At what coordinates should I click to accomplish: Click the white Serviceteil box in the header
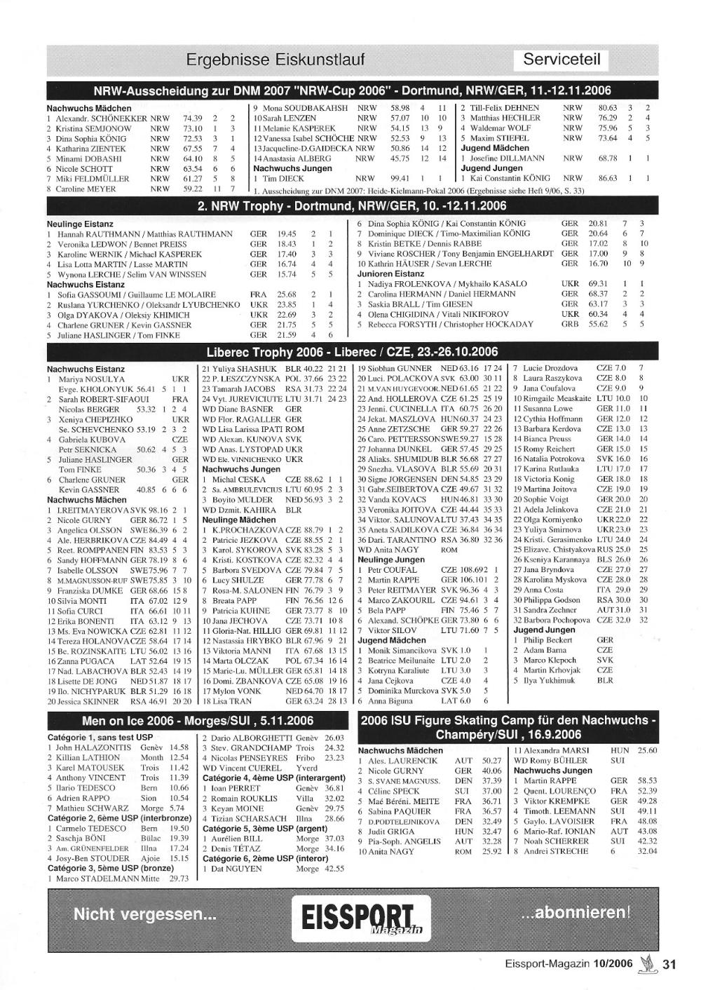tap(562, 60)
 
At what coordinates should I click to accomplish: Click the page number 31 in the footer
tap(668, 964)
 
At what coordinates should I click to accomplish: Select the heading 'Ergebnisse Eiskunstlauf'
tap(275, 60)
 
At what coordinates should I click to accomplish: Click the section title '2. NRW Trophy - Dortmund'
tap(352, 206)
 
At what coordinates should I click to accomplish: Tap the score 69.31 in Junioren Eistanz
tap(597, 284)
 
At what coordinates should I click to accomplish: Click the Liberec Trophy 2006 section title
tap(352, 351)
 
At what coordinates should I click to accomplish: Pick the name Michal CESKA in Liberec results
tap(233, 480)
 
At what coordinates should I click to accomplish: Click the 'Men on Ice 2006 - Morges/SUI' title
tap(198, 721)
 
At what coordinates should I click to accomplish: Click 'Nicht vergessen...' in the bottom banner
tap(144, 914)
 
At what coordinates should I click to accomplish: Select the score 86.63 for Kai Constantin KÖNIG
tap(607, 178)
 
